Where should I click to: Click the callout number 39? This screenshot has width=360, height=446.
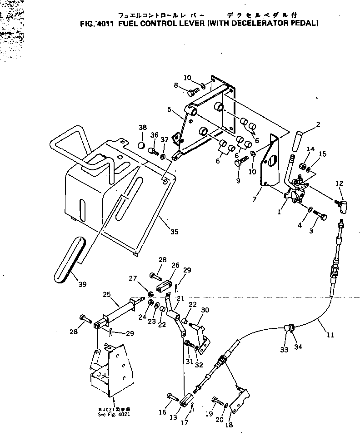pos(82,285)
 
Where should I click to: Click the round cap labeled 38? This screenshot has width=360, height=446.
pos(142,145)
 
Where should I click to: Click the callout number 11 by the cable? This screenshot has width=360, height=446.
pos(330,335)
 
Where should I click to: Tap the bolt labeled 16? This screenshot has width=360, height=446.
pos(172,396)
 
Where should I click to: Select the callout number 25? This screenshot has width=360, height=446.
pos(107,295)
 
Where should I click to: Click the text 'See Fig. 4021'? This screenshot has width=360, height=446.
pos(111,415)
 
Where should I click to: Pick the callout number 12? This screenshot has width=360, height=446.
pos(339,183)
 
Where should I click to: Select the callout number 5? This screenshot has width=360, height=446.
pos(169,109)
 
